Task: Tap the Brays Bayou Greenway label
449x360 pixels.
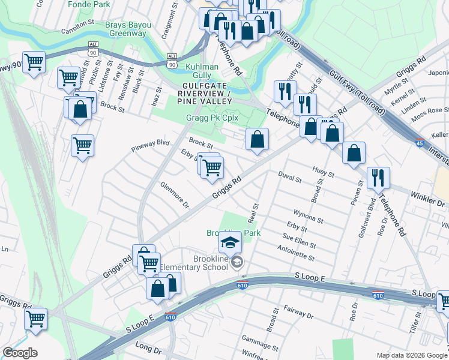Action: tap(126, 29)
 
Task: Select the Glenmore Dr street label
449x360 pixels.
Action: tap(175, 196)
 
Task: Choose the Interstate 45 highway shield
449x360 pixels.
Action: tap(420, 143)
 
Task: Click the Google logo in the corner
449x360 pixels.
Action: tap(20, 353)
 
